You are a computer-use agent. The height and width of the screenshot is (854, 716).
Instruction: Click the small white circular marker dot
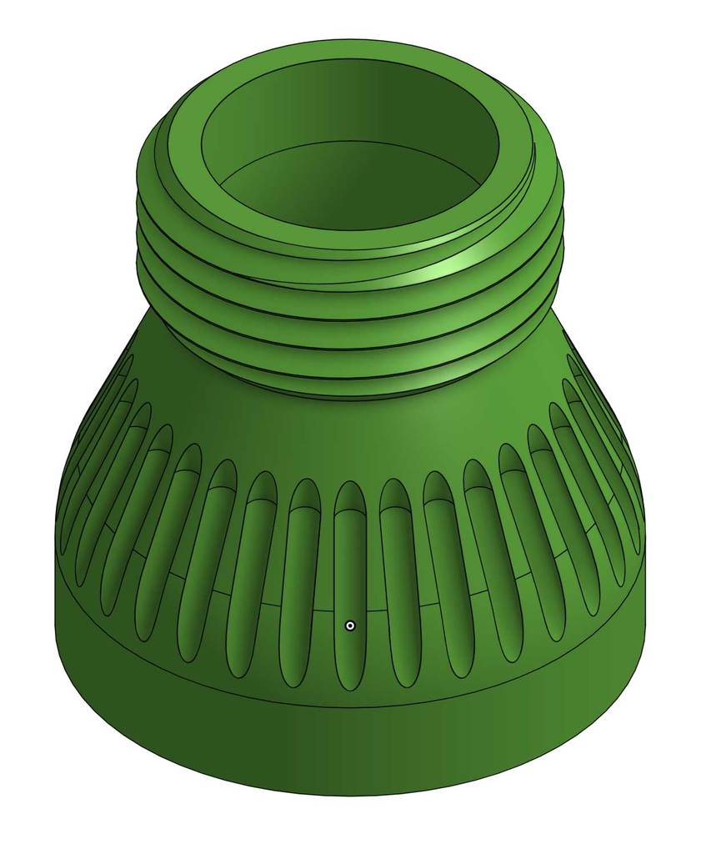(350, 625)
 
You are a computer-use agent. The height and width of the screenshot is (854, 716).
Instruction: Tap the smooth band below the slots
(350, 734)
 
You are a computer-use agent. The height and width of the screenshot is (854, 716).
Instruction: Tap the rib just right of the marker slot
(373, 584)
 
